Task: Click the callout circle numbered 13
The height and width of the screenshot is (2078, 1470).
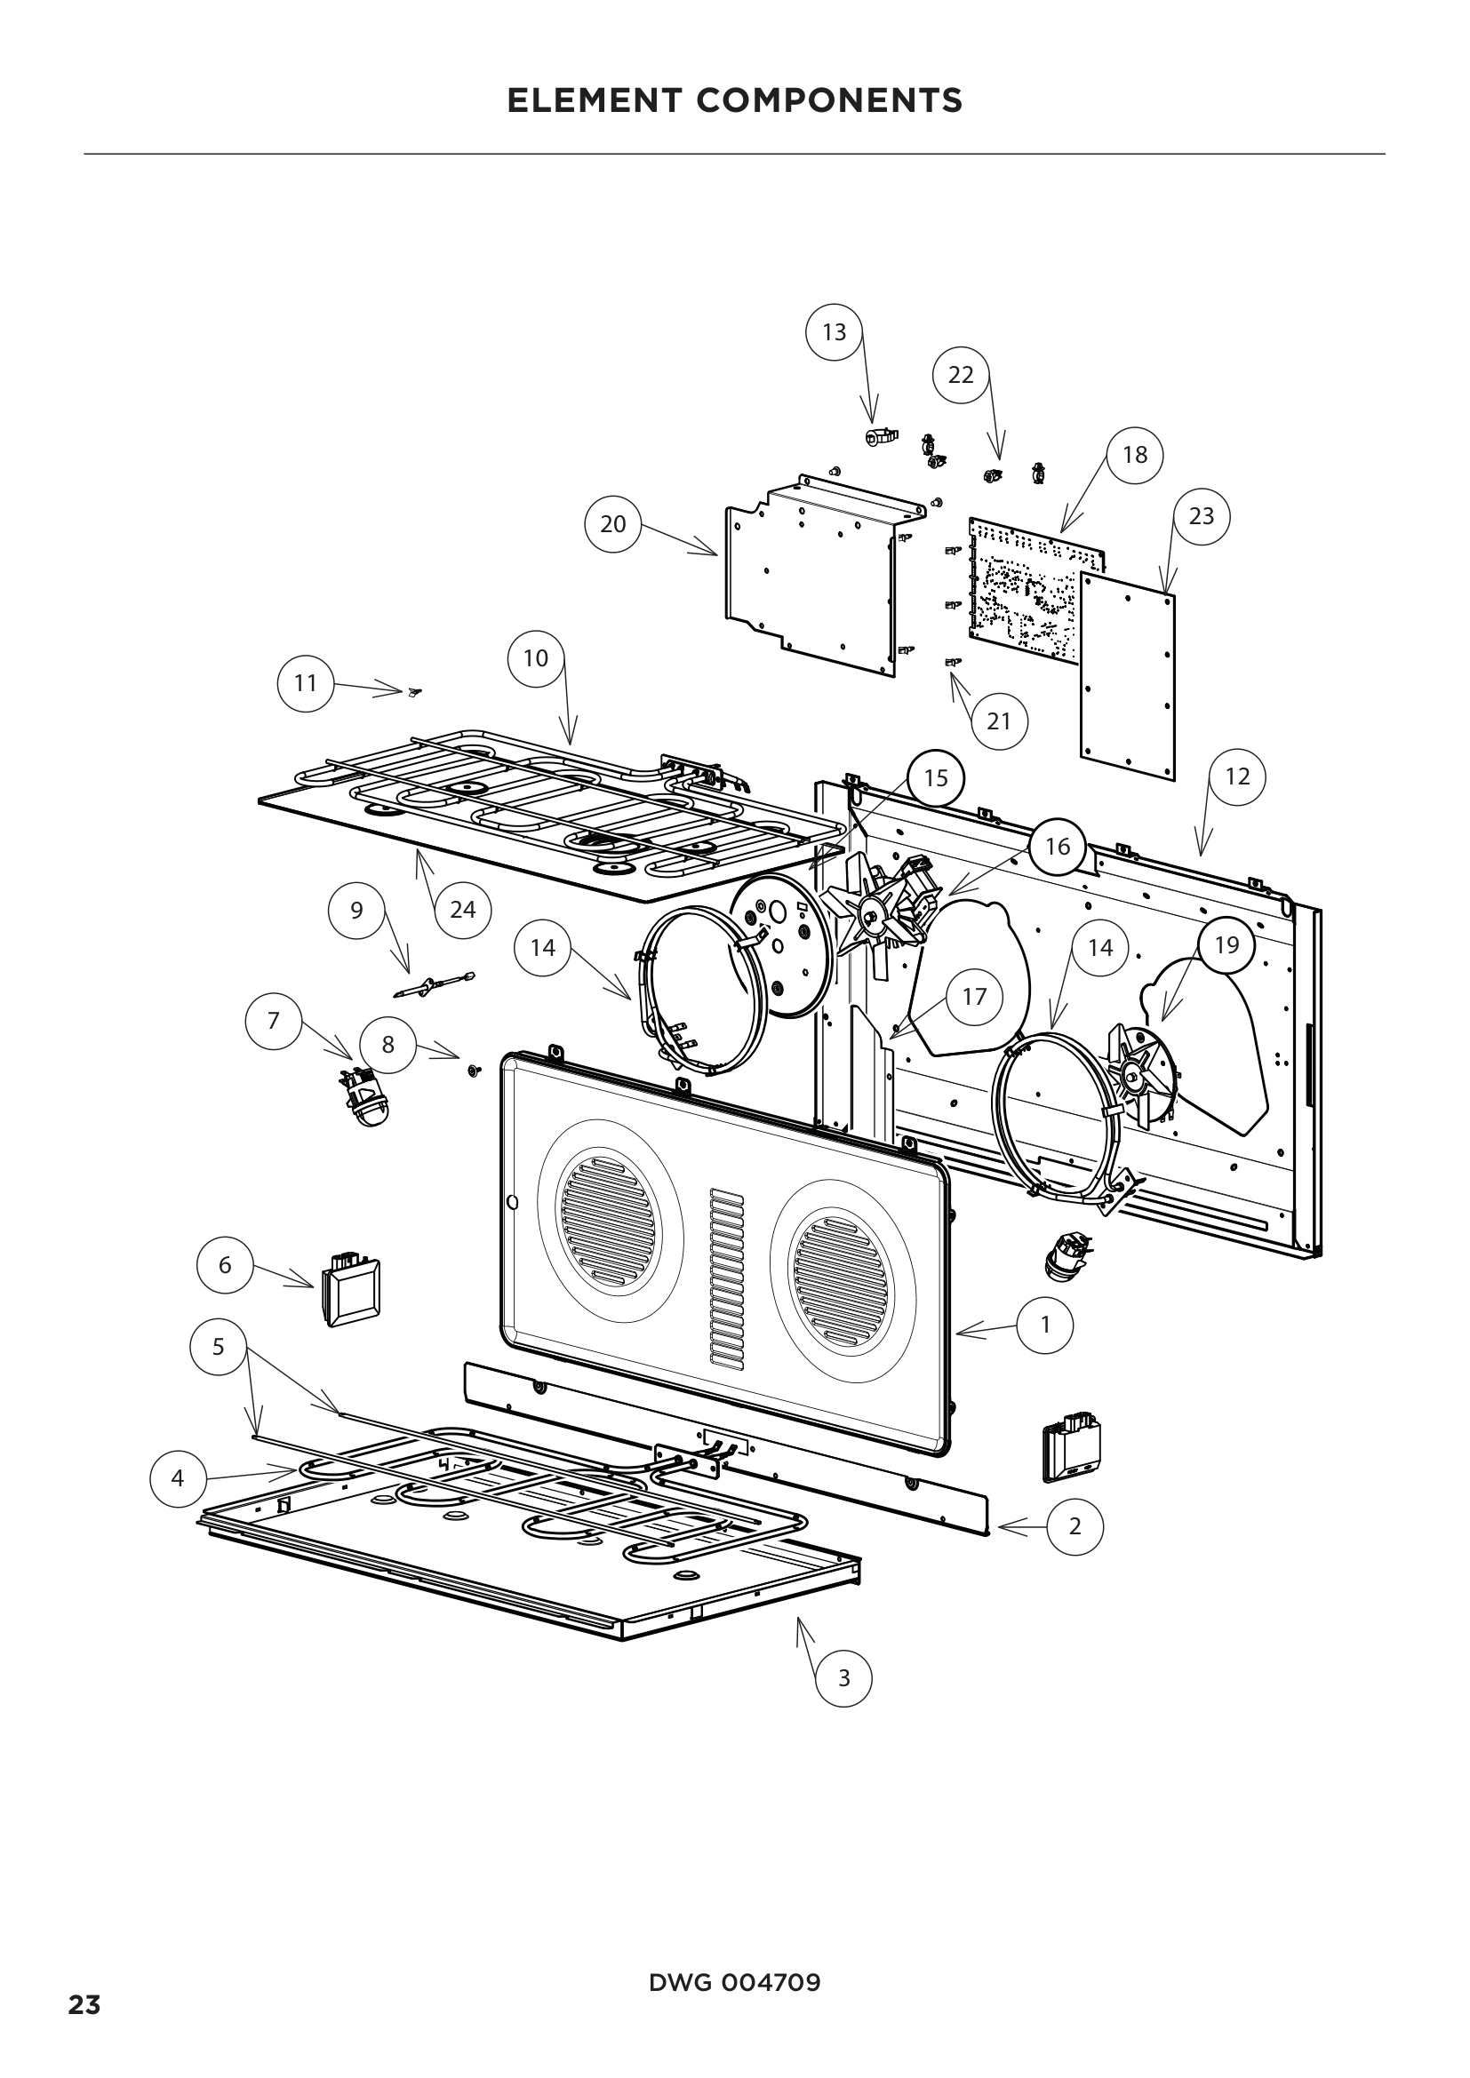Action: [834, 332]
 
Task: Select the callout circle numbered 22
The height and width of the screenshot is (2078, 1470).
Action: [961, 374]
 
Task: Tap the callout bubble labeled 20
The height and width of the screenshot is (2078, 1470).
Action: [613, 523]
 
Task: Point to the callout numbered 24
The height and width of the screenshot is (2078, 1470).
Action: [462, 909]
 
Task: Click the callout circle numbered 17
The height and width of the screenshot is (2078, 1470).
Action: [974, 997]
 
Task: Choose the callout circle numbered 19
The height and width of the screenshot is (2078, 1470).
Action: [1226, 945]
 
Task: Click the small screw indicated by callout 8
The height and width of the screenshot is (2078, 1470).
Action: [473, 1071]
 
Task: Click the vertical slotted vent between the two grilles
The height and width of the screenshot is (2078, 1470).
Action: [726, 1276]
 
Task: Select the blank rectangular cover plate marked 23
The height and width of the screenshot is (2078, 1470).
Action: [1128, 674]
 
